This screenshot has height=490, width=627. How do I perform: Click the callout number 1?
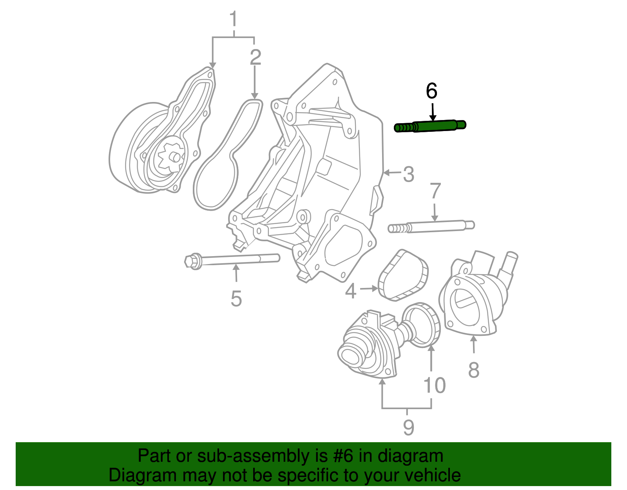tap(234, 19)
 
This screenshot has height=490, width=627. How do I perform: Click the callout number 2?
tap(256, 57)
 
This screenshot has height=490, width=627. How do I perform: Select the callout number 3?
tap(408, 174)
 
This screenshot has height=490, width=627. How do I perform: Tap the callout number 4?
tap(350, 291)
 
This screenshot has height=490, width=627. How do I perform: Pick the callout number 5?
tap(236, 299)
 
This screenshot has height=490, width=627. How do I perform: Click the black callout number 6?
tap(431, 91)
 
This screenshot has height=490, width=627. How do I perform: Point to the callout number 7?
tap(435, 191)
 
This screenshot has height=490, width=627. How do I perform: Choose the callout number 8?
tap(474, 370)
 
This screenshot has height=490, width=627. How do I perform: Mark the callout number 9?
tap(408, 427)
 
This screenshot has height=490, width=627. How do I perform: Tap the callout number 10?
tap(435, 385)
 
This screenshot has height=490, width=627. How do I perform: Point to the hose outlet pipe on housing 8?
tap(508, 267)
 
